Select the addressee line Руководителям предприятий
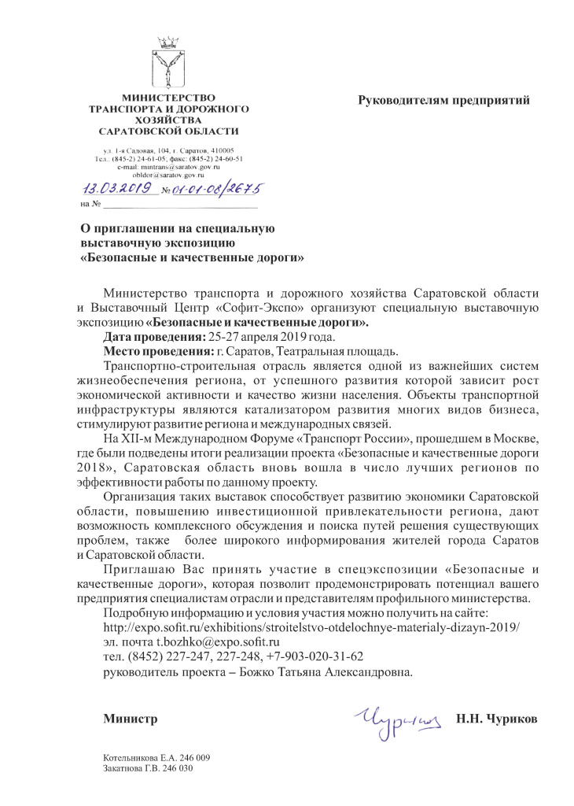coord(444,100)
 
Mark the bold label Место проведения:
coord(155,350)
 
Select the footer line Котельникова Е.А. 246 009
coord(156,757)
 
